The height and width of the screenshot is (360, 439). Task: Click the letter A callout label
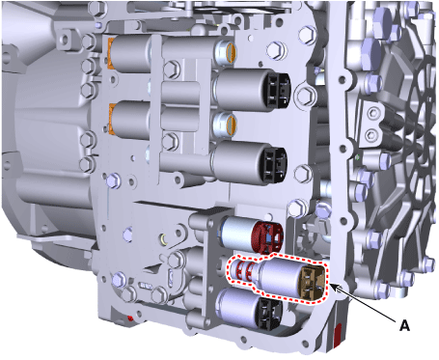(404, 325)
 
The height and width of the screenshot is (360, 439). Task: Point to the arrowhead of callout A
(332, 287)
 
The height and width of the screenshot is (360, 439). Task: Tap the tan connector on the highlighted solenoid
(311, 282)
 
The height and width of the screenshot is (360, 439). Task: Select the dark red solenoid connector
(267, 235)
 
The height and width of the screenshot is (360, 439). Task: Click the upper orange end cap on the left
(110, 53)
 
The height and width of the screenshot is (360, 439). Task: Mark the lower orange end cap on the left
(112, 119)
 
